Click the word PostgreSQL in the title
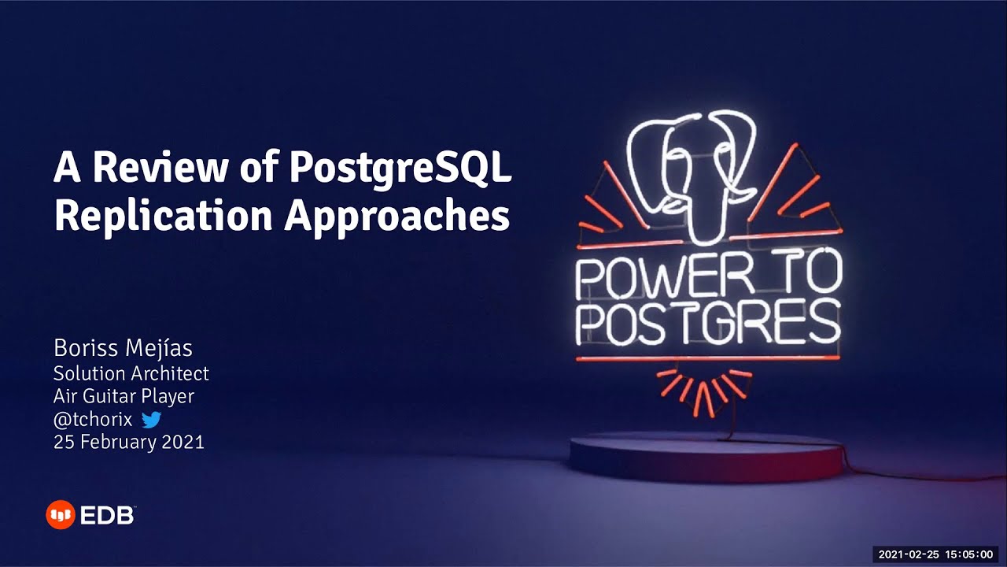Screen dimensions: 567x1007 400,169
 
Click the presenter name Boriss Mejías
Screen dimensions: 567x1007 123,347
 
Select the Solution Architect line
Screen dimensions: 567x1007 131,372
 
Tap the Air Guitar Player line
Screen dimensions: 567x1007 124,396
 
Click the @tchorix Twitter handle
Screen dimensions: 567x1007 93,420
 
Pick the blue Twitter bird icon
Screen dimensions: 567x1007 151,420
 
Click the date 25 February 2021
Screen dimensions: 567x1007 129,443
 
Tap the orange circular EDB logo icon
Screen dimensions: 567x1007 60,515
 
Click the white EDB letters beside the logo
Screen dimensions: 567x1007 107,516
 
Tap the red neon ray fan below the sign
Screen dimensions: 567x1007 705,390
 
